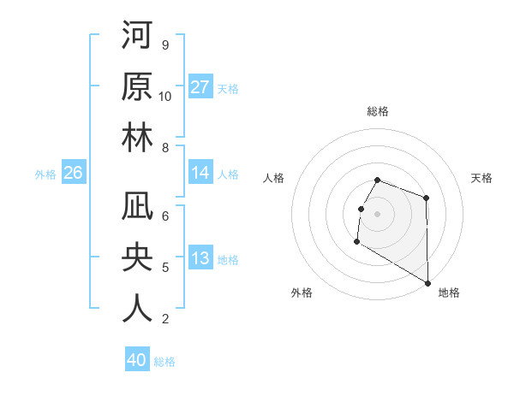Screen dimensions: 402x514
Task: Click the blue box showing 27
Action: pyautogui.click(x=200, y=86)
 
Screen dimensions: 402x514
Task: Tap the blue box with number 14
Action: pyautogui.click(x=200, y=173)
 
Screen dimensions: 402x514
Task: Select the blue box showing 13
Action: pyautogui.click(x=200, y=258)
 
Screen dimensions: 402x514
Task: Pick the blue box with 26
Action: pyautogui.click(x=74, y=173)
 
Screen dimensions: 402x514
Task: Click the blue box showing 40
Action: pyautogui.click(x=137, y=360)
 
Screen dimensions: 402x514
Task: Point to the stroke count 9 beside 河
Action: pyautogui.click(x=164, y=44)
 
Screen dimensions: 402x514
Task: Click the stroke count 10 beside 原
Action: pyautogui.click(x=165, y=96)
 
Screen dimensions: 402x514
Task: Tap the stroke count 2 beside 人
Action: pyautogui.click(x=164, y=320)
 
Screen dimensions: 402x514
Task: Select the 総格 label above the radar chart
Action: pyautogui.click(x=378, y=111)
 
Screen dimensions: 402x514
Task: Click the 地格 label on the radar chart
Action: pyautogui.click(x=449, y=293)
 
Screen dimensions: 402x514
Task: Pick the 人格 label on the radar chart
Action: pyautogui.click(x=274, y=178)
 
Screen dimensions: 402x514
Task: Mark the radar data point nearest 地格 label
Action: pyautogui.click(x=427, y=283)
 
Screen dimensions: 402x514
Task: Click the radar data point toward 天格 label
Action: pyautogui.click(x=426, y=198)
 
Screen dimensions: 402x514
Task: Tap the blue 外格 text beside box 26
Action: pyautogui.click(x=45, y=174)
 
